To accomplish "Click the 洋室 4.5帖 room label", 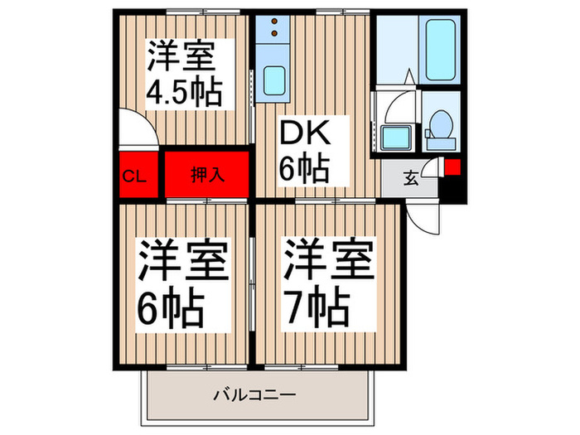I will [x=185, y=73].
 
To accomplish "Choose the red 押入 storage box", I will [x=206, y=175].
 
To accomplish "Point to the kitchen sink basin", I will [x=273, y=81].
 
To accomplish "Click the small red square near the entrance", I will [x=452, y=166].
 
